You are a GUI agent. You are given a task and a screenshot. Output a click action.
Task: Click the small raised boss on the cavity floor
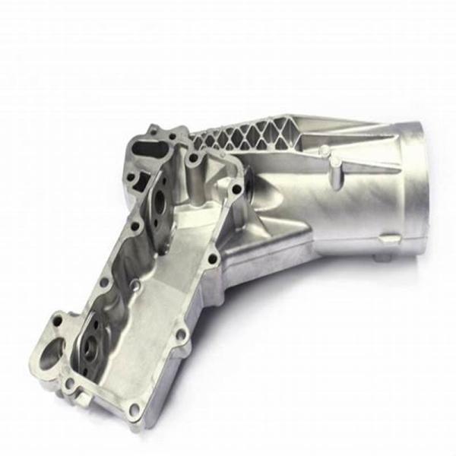(x=135, y=286)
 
